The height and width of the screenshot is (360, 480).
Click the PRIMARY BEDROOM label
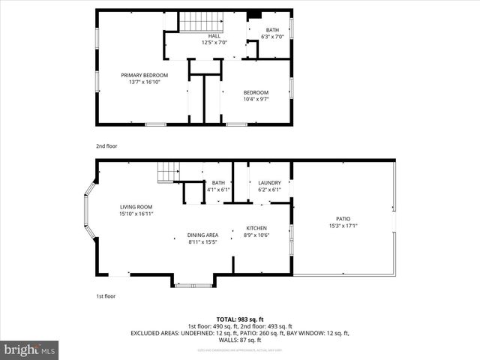pyautogui.click(x=145, y=75)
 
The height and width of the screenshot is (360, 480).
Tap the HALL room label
pyautogui.click(x=214, y=35)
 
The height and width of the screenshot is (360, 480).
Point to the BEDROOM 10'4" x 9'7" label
pyautogui.click(x=255, y=92)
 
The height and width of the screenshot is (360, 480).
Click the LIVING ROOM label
pyautogui.click(x=136, y=207)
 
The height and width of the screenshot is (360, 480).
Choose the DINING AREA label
pyautogui.click(x=202, y=235)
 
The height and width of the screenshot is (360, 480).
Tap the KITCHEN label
pyautogui.click(x=256, y=228)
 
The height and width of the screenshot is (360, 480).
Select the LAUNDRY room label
pyautogui.click(x=269, y=183)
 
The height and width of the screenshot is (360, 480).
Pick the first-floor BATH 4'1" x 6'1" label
pyautogui.click(x=218, y=183)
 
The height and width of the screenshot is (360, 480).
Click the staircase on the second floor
pyautogui.click(x=200, y=21)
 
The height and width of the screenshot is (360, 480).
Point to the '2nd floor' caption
pyautogui.click(x=106, y=146)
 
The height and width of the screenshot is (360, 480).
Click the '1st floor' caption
pyautogui.click(x=106, y=297)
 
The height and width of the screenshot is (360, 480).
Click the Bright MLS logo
pyautogui.click(x=30, y=350)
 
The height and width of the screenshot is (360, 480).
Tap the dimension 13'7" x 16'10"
pyautogui.click(x=145, y=82)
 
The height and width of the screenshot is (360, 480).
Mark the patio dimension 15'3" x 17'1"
pyautogui.click(x=343, y=226)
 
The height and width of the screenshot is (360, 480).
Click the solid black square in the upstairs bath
pyautogui.click(x=253, y=13)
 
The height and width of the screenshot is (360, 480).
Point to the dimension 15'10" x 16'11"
pyautogui.click(x=136, y=214)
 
